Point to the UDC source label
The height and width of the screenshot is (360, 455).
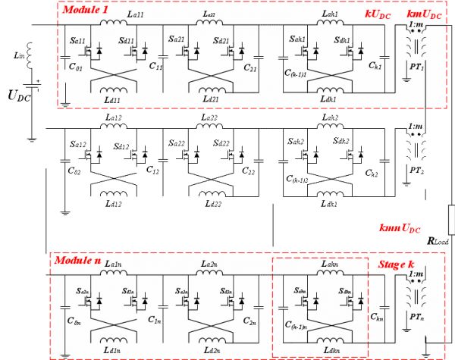pos(20,96)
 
